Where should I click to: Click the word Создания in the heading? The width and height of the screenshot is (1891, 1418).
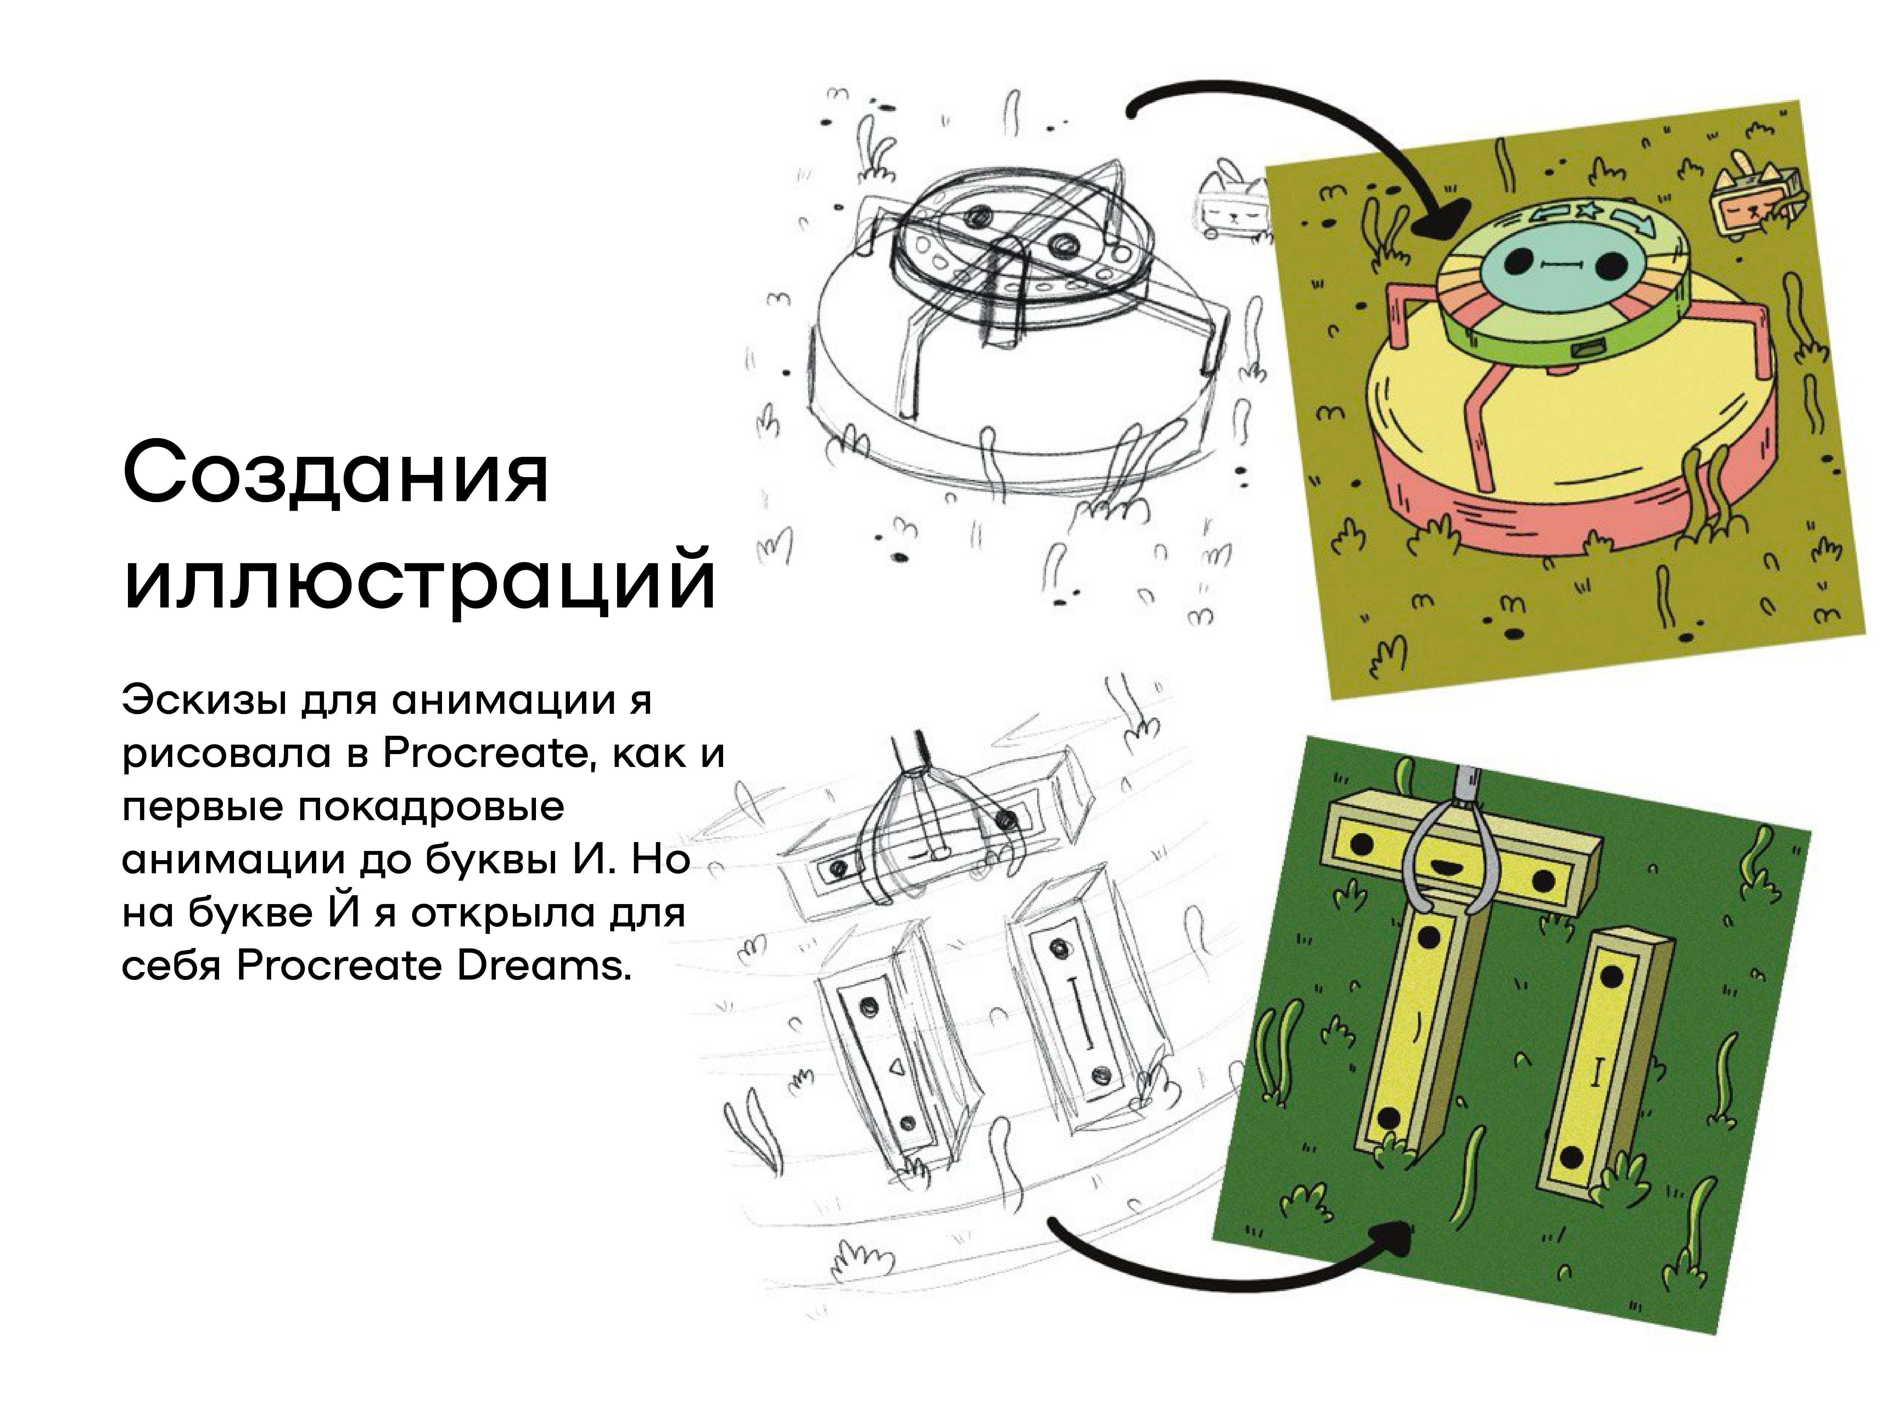point(335,472)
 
